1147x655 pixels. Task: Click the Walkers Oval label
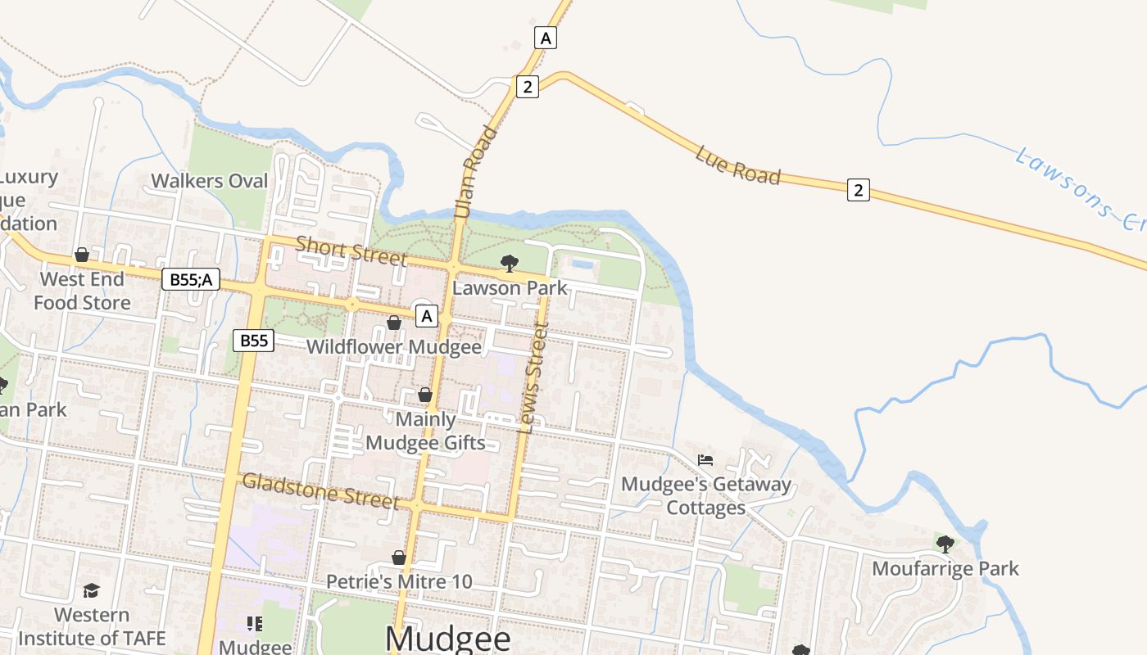pos(210,181)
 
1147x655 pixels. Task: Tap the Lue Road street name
pos(737,165)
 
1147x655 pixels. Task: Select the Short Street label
pos(351,251)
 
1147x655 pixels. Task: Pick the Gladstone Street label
pos(321,490)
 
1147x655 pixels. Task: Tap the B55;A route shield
pos(191,279)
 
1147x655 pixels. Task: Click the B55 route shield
pos(253,341)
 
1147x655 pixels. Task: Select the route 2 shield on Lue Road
pos(858,190)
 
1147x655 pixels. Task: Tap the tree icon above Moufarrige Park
pos(945,544)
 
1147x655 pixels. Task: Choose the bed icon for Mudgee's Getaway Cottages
pos(705,460)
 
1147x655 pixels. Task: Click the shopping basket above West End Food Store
pos(82,255)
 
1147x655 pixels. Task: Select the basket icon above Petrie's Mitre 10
pos(399,558)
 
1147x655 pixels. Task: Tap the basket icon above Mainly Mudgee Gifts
pos(424,395)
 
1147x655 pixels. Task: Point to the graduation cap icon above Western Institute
pos(91,590)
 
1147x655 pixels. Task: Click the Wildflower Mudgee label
pos(393,346)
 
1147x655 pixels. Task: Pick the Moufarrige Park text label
pos(945,568)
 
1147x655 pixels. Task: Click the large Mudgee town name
pos(447,639)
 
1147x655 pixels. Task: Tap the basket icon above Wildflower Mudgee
pos(393,323)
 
